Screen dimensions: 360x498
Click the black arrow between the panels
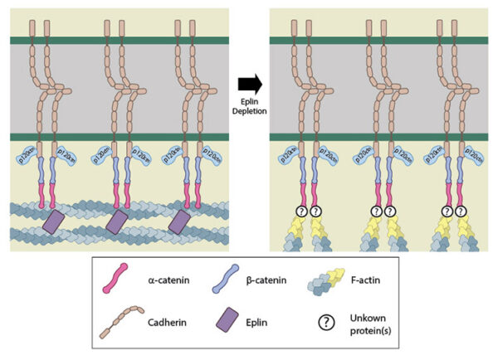(249, 83)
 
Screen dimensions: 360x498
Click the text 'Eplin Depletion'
(249, 105)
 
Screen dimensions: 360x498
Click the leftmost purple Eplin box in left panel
(55, 222)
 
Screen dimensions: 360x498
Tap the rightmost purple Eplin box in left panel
(179, 222)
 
